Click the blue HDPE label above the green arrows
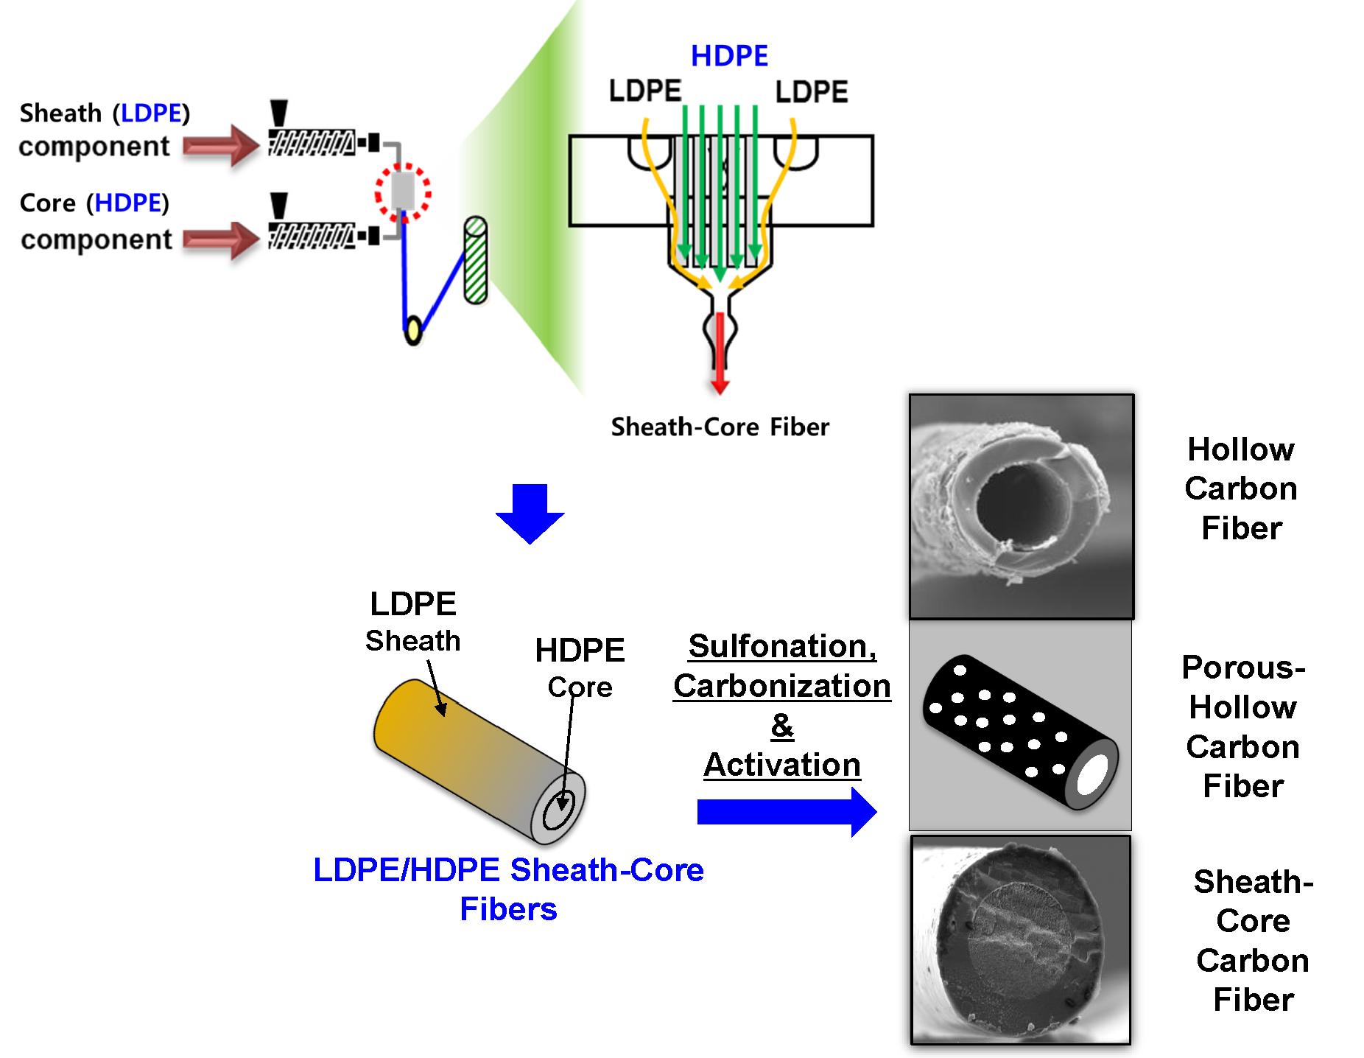click(x=729, y=56)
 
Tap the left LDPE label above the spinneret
click(x=644, y=91)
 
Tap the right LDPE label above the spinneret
click(x=811, y=92)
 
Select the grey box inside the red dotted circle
click(x=403, y=191)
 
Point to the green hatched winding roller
click(x=476, y=261)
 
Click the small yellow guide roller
click(x=413, y=330)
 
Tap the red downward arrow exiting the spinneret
click(x=720, y=354)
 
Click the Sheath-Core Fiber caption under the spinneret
click(x=720, y=427)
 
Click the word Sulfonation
click(x=782, y=646)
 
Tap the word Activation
click(x=782, y=765)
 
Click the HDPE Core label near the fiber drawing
click(x=580, y=667)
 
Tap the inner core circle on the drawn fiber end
click(x=559, y=810)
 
